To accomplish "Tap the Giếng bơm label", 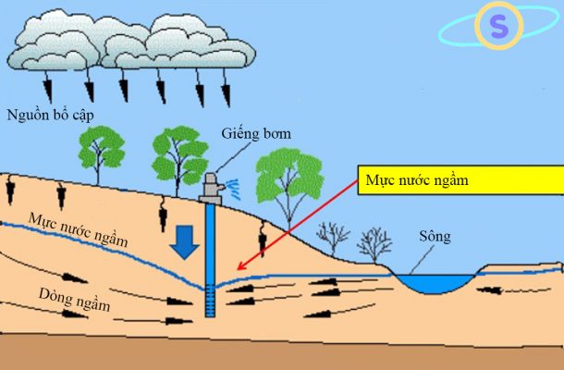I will (256, 134).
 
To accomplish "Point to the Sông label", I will (435, 237).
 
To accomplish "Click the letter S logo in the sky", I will (499, 29).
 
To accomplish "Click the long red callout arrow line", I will (296, 222).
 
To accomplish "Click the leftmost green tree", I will (100, 148).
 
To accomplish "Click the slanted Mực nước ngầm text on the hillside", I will (77, 230).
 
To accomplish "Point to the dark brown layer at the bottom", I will (277, 351).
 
